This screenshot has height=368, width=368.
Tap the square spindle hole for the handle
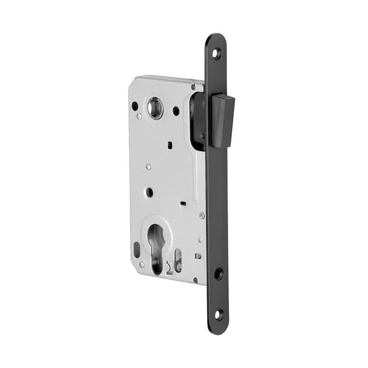pyautogui.click(x=155, y=108)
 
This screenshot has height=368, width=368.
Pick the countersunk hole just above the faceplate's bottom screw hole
pyautogui.click(x=218, y=273)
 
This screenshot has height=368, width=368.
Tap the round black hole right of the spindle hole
pyautogui.click(x=176, y=111)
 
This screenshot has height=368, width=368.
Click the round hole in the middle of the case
pyautogui.click(x=149, y=192)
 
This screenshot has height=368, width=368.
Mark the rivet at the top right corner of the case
pyautogui.click(x=193, y=86)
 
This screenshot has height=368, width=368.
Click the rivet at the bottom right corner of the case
pyautogui.click(x=195, y=280)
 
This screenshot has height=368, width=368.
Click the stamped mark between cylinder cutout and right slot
pyautogui.click(x=169, y=265)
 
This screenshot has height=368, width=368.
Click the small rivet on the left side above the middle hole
pyautogui.click(x=148, y=167)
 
